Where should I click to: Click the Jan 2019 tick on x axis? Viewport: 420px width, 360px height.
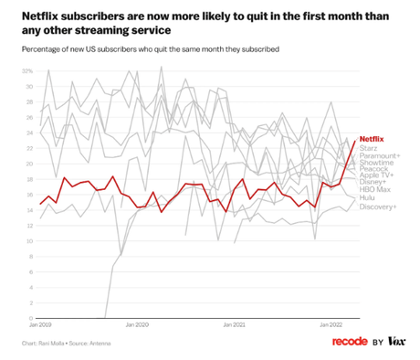click(x=39, y=324)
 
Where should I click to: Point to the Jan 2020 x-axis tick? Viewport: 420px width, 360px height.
click(x=136, y=324)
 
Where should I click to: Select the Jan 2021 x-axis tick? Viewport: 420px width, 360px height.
click(x=234, y=324)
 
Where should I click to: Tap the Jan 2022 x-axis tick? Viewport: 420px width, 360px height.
click(x=331, y=324)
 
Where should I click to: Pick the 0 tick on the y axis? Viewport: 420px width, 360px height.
click(x=30, y=318)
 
